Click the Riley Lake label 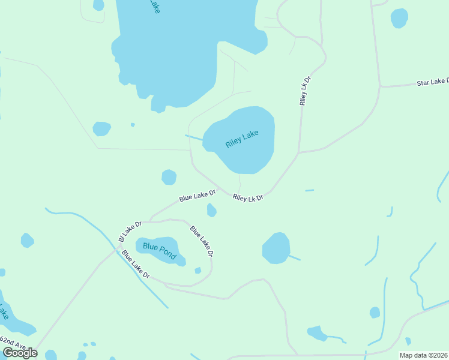click(x=242, y=139)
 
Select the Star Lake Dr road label click(x=432, y=82)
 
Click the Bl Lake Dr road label click(x=130, y=232)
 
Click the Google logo click(x=19, y=353)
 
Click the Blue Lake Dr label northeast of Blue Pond click(x=202, y=241)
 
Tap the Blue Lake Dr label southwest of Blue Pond click(x=136, y=265)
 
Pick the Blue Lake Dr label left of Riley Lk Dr click(x=197, y=196)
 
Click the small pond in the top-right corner click(x=399, y=18)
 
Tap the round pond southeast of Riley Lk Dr click(x=276, y=248)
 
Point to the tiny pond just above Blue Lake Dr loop click(x=211, y=210)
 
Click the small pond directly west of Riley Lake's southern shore click(x=169, y=177)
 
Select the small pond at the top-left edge click(x=98, y=5)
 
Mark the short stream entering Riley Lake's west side click(x=194, y=138)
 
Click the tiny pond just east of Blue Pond click(x=197, y=270)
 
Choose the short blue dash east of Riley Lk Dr click(x=309, y=190)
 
